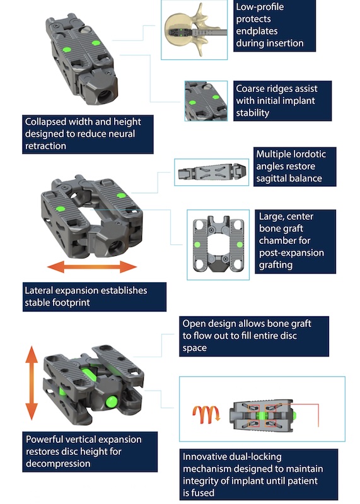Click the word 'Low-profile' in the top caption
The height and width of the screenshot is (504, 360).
coord(260,7)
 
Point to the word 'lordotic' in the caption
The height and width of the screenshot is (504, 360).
coord(310,154)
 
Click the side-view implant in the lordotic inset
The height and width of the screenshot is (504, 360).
coord(212,172)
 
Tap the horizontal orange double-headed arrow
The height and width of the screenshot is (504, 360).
coord(92,266)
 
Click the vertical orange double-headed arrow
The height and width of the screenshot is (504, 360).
coord(32,383)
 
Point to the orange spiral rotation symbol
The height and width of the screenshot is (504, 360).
coord(207,415)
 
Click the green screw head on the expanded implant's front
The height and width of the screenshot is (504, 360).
coord(112,402)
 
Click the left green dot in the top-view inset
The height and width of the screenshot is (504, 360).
coord(197,245)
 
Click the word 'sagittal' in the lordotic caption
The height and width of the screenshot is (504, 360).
coord(272,179)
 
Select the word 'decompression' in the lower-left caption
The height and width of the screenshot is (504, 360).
coord(58,464)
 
